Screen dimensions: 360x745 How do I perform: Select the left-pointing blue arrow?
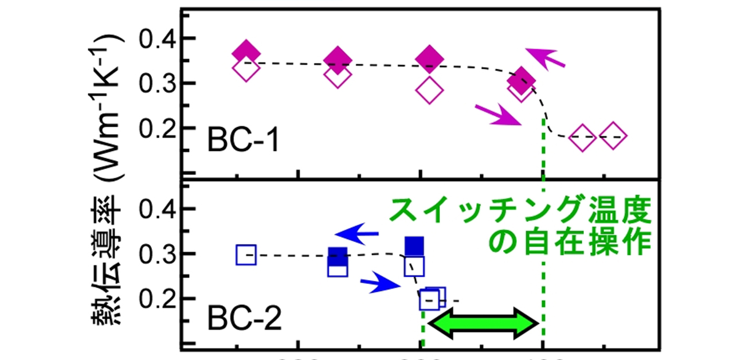(x=358, y=232)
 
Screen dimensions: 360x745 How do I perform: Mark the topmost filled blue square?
(x=414, y=245)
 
